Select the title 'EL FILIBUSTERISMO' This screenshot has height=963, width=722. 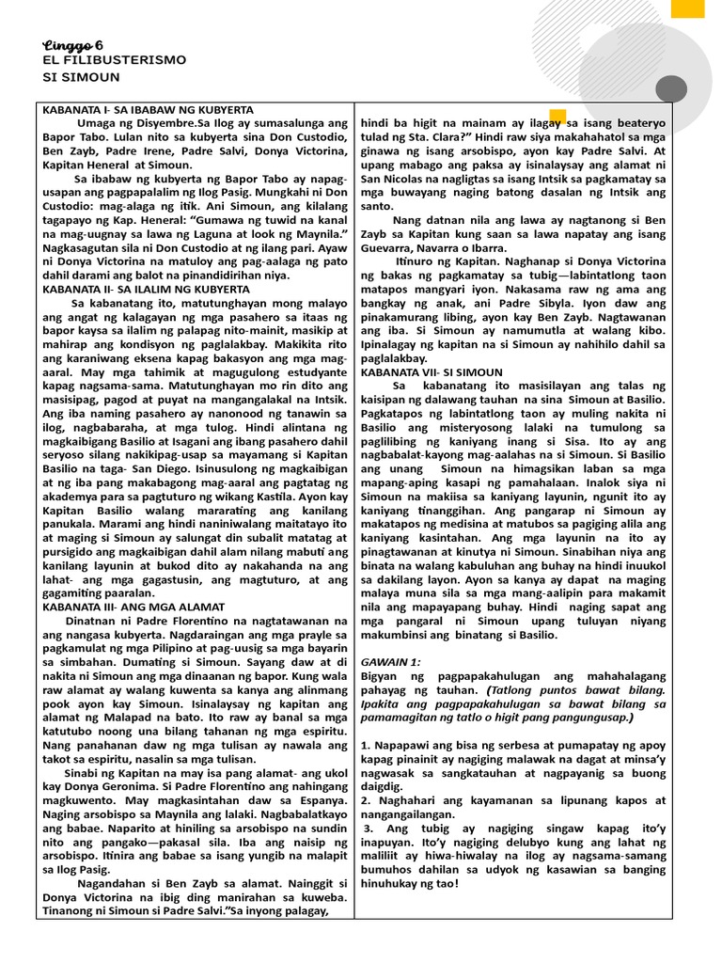tap(114, 60)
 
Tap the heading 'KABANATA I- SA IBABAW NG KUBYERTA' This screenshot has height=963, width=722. tap(148, 110)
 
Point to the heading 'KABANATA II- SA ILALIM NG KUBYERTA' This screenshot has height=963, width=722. tap(149, 289)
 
